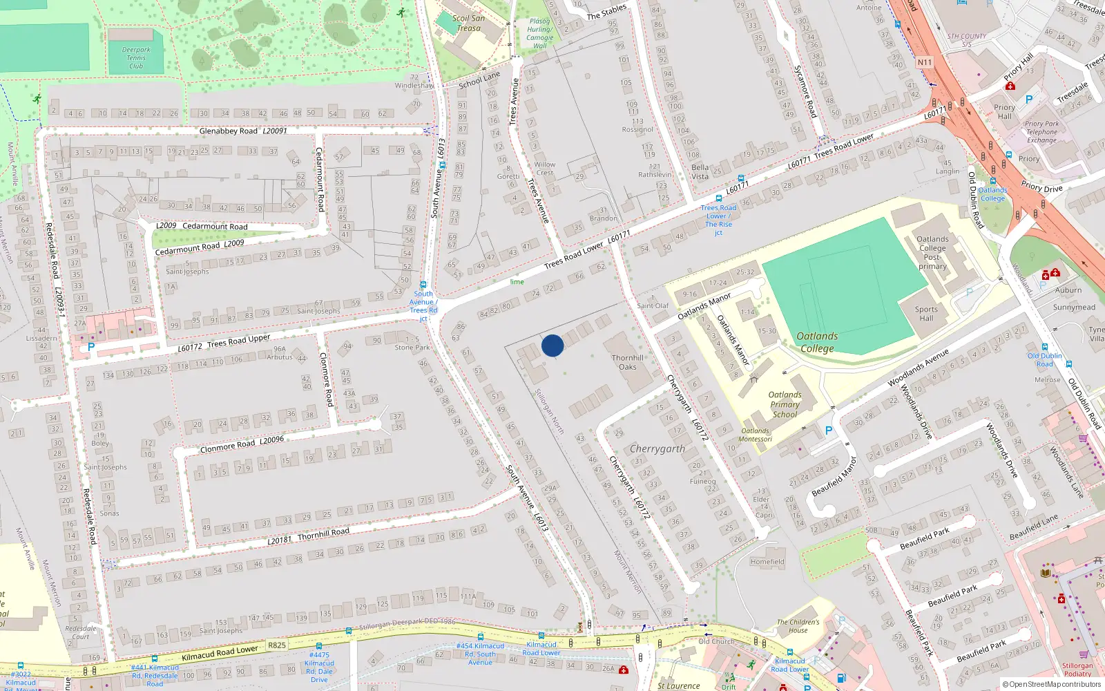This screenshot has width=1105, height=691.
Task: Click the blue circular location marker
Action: [552, 345]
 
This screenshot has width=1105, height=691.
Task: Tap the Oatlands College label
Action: [817, 342]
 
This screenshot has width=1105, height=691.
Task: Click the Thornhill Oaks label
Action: [627, 362]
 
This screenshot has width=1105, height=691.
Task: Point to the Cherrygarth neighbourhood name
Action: [657, 449]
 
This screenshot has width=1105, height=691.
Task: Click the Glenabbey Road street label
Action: [228, 131]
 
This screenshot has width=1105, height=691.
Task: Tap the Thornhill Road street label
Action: [323, 533]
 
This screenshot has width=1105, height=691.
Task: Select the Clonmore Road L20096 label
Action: [242, 444]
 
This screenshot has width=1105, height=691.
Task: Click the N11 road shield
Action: [924, 62]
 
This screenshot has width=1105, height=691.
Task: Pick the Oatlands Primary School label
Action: [785, 405]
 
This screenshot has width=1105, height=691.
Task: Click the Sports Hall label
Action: [926, 314]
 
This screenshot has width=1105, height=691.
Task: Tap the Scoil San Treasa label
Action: [468, 23]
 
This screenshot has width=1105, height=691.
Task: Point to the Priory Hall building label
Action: [1004, 112]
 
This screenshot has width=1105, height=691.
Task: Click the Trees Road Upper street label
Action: [238, 341]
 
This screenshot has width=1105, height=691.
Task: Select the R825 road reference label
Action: [277, 645]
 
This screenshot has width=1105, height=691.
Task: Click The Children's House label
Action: [798, 626]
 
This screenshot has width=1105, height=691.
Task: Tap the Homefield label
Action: [767, 562]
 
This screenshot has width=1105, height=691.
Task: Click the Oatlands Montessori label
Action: [755, 435]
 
